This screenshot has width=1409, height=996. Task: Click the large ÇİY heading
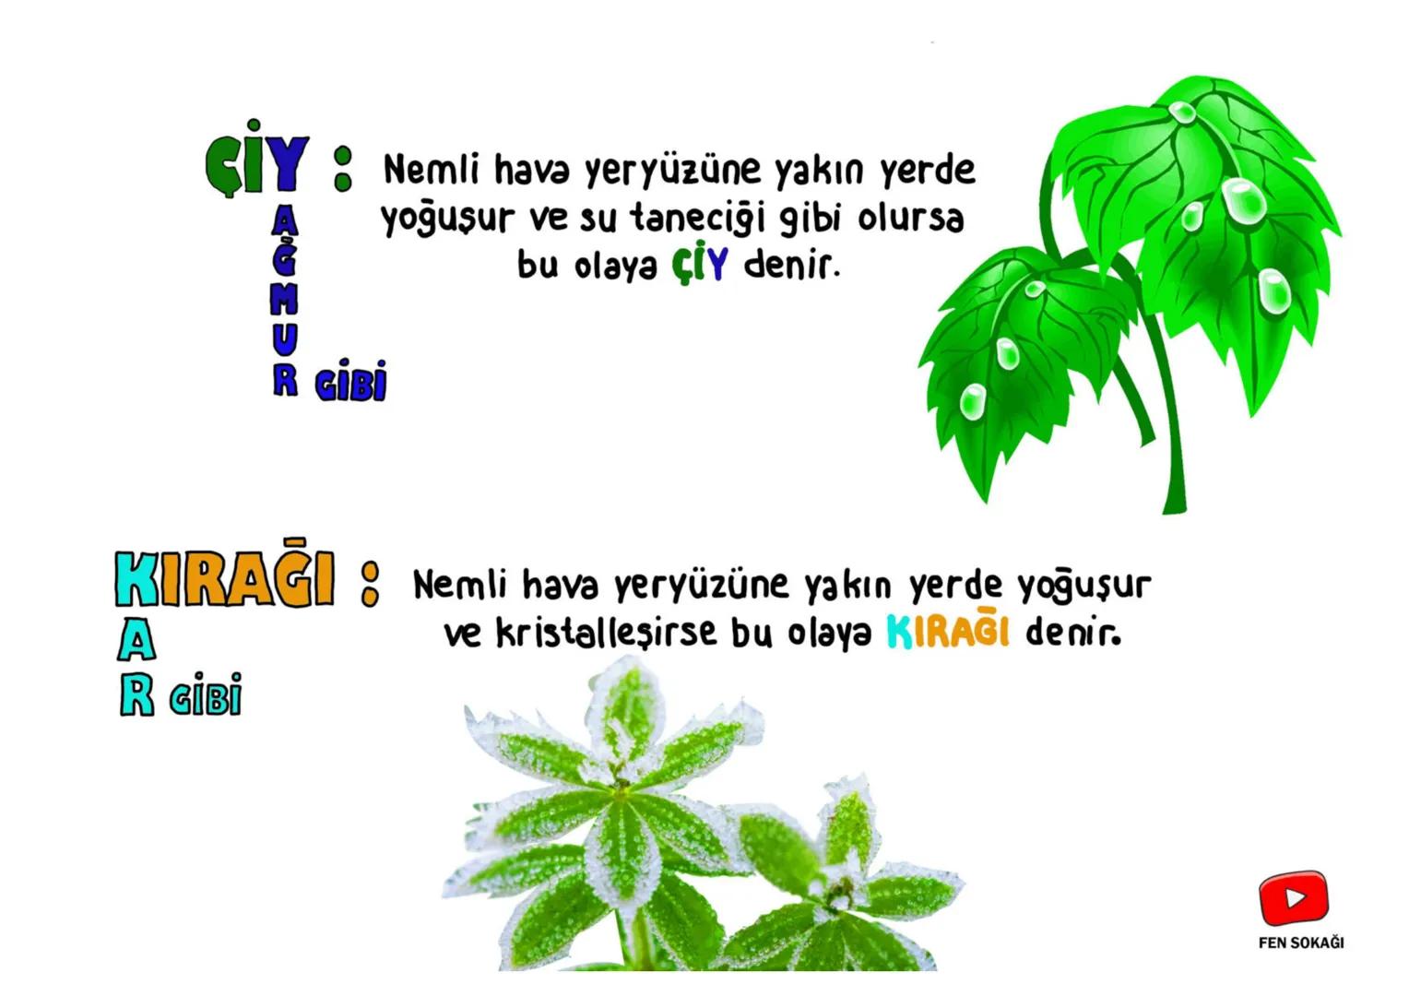(257, 162)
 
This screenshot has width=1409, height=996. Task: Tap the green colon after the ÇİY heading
(342, 168)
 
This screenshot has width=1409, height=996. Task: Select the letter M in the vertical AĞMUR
(285, 299)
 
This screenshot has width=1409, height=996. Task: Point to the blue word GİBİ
(350, 382)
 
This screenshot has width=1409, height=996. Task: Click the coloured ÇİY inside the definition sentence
(699, 266)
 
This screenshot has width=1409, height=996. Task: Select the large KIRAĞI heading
(224, 580)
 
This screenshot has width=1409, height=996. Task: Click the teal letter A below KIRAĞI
(136, 640)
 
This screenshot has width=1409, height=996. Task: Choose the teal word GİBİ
(206, 694)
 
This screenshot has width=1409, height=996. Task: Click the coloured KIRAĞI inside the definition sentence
(947, 633)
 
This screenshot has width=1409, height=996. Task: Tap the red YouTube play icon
(1294, 897)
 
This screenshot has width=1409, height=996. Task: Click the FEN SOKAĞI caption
(1300, 943)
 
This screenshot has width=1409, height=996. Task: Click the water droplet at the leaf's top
(1181, 113)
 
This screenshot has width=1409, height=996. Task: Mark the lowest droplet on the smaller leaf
(972, 402)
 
